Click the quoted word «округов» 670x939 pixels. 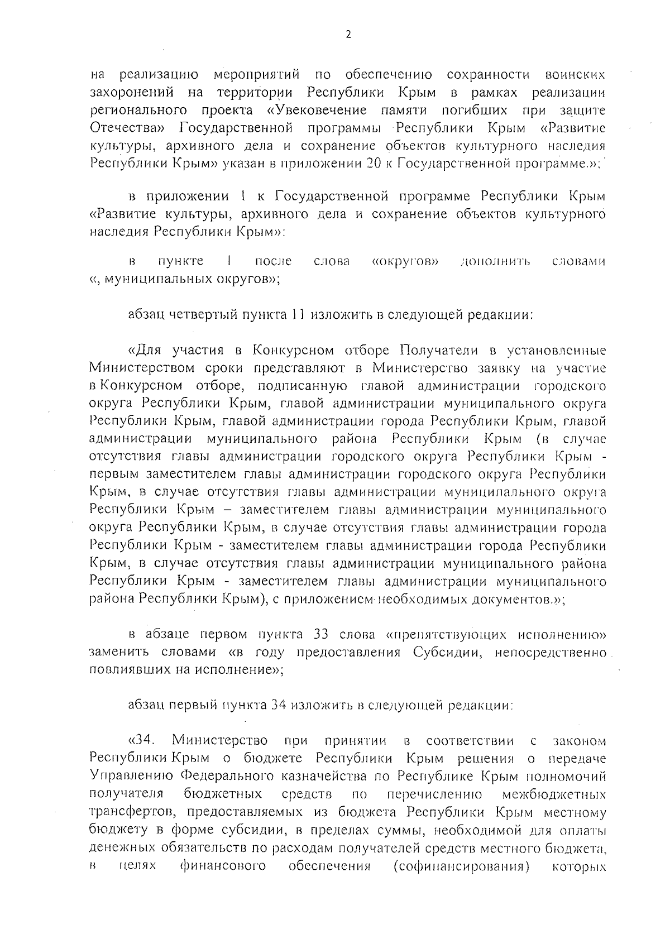[x=405, y=261]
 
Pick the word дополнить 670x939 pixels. [x=495, y=261]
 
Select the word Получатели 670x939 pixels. [x=439, y=351]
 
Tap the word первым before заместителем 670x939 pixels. [x=115, y=475]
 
